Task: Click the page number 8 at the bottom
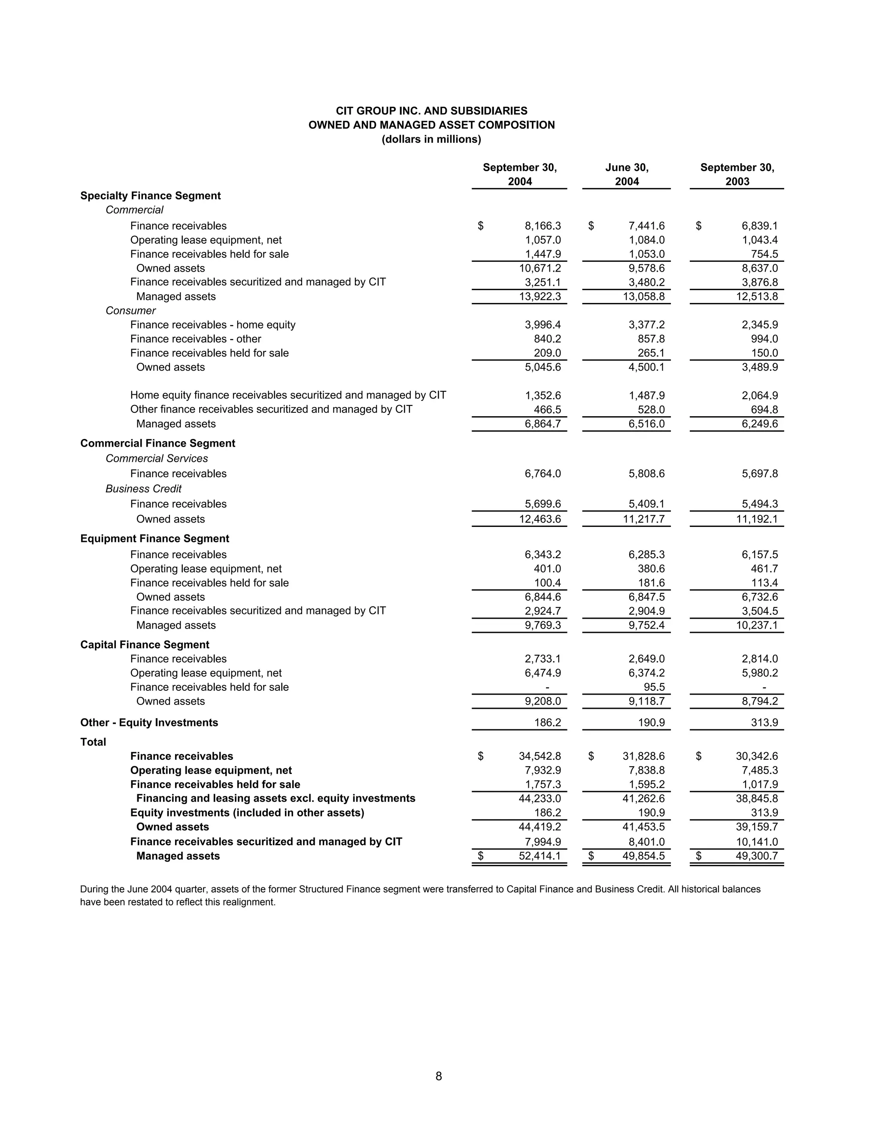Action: (x=439, y=1076)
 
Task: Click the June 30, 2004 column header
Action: (x=627, y=174)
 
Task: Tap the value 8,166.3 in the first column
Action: (x=543, y=226)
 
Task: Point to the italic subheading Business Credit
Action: (x=143, y=489)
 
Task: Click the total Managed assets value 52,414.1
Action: (x=540, y=856)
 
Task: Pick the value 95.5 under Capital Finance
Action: (x=654, y=687)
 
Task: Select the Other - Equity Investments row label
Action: (x=149, y=723)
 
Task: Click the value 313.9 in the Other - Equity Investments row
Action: (x=764, y=723)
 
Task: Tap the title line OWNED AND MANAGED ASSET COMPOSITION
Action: (x=431, y=125)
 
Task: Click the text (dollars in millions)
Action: (x=431, y=139)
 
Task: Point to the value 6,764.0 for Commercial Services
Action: (x=543, y=474)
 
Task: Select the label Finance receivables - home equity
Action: (x=212, y=325)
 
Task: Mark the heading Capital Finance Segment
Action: (x=144, y=644)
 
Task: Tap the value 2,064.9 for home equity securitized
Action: (x=760, y=395)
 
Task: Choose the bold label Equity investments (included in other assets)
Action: (x=247, y=813)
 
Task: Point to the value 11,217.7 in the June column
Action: (x=644, y=519)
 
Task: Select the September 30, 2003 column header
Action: (x=737, y=174)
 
